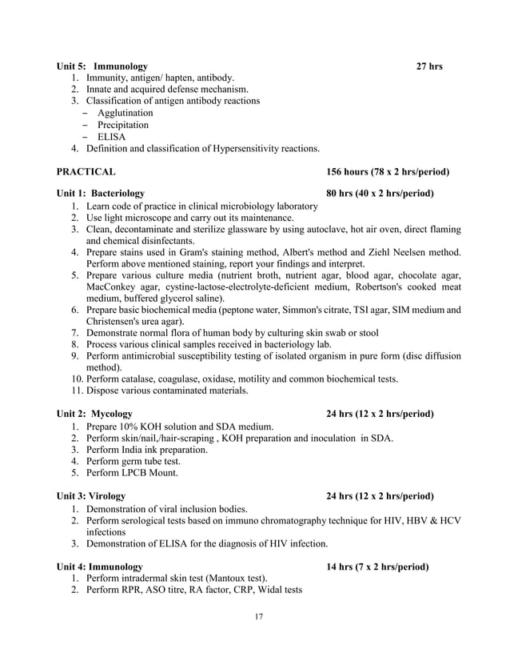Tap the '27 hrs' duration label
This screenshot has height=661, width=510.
[429, 66]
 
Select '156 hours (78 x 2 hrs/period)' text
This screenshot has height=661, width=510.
[387, 172]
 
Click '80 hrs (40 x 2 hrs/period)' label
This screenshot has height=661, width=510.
[380, 194]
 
